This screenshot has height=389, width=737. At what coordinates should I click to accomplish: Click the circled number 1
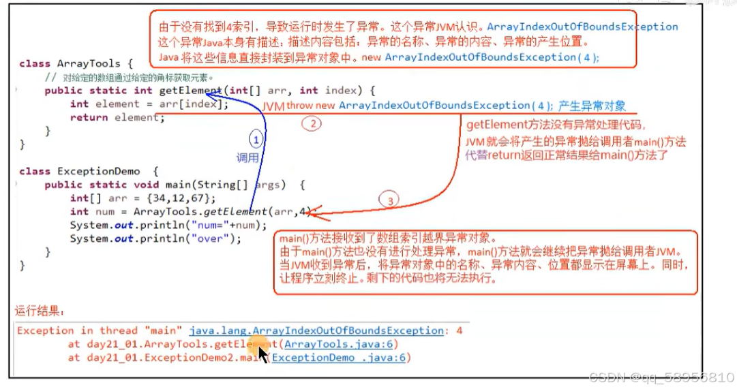click(255, 140)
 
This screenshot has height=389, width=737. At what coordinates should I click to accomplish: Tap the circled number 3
click(387, 201)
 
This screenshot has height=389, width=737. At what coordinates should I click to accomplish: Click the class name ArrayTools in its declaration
click(88, 63)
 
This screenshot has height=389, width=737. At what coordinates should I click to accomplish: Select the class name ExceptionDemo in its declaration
click(98, 171)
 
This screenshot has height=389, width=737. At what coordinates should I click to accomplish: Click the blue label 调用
click(247, 157)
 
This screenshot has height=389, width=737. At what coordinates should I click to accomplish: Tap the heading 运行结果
click(40, 311)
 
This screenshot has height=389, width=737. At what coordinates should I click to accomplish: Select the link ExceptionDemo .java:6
click(342, 358)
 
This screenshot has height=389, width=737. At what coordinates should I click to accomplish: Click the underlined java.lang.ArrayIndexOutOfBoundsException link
click(316, 330)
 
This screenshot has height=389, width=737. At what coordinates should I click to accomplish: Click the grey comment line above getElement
click(129, 77)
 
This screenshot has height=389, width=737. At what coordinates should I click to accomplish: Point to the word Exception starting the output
click(45, 330)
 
